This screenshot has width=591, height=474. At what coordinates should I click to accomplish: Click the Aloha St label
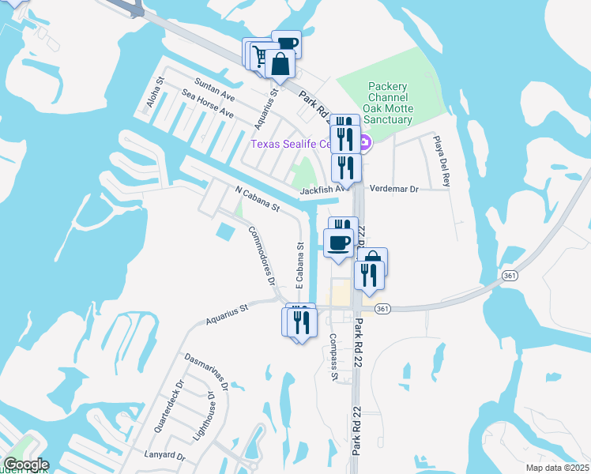(153, 92)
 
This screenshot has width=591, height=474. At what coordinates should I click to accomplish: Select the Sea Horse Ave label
(207, 103)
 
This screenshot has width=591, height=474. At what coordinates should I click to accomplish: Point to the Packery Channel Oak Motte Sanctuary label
(387, 103)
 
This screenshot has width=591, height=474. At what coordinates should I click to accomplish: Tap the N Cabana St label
(258, 199)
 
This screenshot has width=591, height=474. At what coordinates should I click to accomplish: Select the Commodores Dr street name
(261, 255)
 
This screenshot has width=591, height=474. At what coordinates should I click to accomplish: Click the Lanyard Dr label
(164, 456)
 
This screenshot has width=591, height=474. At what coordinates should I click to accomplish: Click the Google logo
(26, 465)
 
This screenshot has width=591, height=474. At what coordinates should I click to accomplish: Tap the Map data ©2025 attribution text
(557, 468)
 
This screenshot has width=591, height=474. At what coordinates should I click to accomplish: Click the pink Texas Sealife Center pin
(365, 144)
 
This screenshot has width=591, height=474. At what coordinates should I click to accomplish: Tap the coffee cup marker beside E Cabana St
(338, 243)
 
